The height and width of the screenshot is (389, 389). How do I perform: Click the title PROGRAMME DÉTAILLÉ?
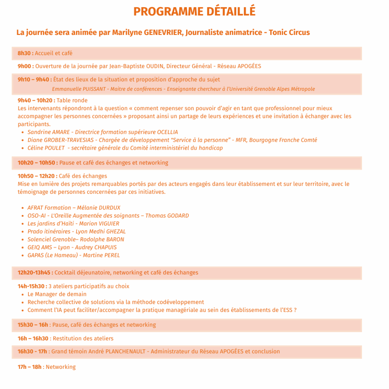(x=194, y=12)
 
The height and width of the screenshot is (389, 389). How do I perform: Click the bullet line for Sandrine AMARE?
(x=103, y=132)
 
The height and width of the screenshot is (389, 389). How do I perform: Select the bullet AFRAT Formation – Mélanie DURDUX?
(x=74, y=208)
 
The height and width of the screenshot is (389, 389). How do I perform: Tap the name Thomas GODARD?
(x=167, y=216)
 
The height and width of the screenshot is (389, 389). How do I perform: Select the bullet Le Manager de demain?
(x=57, y=294)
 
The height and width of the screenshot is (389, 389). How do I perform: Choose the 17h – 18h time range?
(x=30, y=367)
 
